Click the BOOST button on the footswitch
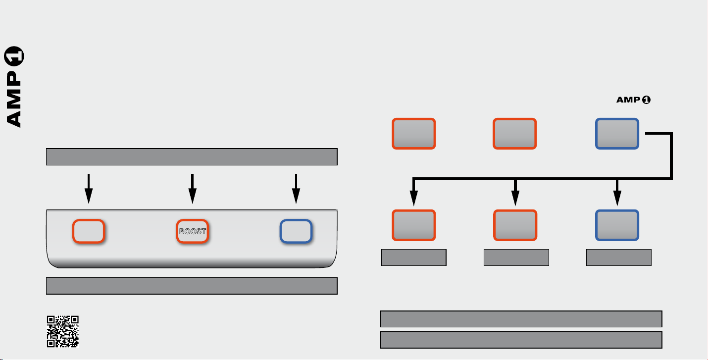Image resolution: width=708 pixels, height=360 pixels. coord(193,231)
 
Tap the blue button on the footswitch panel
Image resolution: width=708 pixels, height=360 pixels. coord(296,231)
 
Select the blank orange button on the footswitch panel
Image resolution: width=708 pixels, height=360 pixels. coord(89,231)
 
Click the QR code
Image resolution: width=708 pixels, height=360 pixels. coord(63,331)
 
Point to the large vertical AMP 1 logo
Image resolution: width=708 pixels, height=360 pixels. coord(14,87)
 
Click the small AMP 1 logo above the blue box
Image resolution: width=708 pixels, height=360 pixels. coord(633,100)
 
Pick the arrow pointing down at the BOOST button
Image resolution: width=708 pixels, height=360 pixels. coord(193,189)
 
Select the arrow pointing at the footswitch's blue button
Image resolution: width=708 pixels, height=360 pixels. coord(296,189)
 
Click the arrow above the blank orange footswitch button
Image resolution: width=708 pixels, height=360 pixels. coord(89,189)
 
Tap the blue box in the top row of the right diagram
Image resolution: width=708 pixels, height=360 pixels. coord(617,134)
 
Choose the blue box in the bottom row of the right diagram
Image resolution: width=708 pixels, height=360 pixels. coord(617,225)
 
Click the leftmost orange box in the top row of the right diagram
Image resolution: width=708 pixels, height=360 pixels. coord(414,134)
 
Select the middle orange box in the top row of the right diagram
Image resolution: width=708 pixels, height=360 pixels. coord(515,134)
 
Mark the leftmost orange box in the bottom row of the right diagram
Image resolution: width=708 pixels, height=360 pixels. coord(414,225)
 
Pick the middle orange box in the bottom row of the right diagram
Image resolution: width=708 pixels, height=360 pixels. coord(515,225)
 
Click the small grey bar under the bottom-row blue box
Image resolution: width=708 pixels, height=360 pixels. coord(619,257)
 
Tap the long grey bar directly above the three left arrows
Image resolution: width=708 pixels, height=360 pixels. coord(192,157)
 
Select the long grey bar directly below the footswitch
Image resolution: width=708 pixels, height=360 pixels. coord(192,286)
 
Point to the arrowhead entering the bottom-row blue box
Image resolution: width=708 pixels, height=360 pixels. coord(617,198)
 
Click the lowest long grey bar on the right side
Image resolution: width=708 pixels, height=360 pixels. coord(521,340)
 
